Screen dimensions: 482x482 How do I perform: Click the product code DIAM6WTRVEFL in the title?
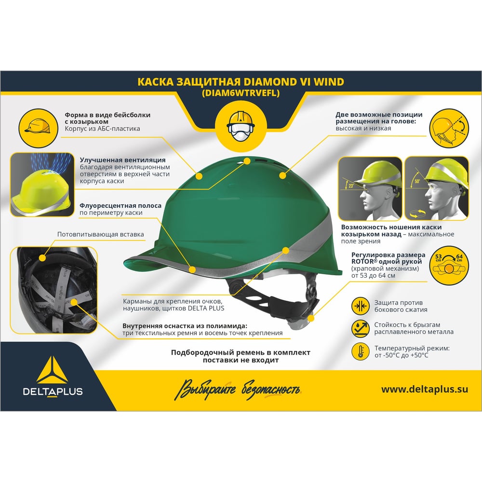[241, 93]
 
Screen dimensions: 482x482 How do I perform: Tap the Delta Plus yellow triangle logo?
[52, 370]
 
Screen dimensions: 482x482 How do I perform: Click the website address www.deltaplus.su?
[425, 389]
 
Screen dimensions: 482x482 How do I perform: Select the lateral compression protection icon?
[360, 306]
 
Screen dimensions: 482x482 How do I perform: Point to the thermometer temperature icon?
[360, 351]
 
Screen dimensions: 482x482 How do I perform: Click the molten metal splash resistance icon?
[360, 329]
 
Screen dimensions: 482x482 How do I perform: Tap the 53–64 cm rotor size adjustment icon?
[449, 265]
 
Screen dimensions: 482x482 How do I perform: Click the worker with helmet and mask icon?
[241, 126]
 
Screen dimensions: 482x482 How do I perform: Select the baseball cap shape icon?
[38, 128]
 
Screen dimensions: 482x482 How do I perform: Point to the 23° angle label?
[351, 186]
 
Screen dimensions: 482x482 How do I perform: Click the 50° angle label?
[417, 181]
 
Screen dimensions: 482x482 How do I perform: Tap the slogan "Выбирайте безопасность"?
[238, 389]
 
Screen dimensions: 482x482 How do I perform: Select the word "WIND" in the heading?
[329, 82]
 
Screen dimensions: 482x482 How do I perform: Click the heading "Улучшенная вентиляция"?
[122, 160]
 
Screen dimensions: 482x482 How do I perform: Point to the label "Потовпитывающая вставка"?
[101, 234]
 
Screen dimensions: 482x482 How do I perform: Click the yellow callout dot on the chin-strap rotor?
[311, 319]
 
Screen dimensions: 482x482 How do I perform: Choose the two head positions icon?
[449, 128]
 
